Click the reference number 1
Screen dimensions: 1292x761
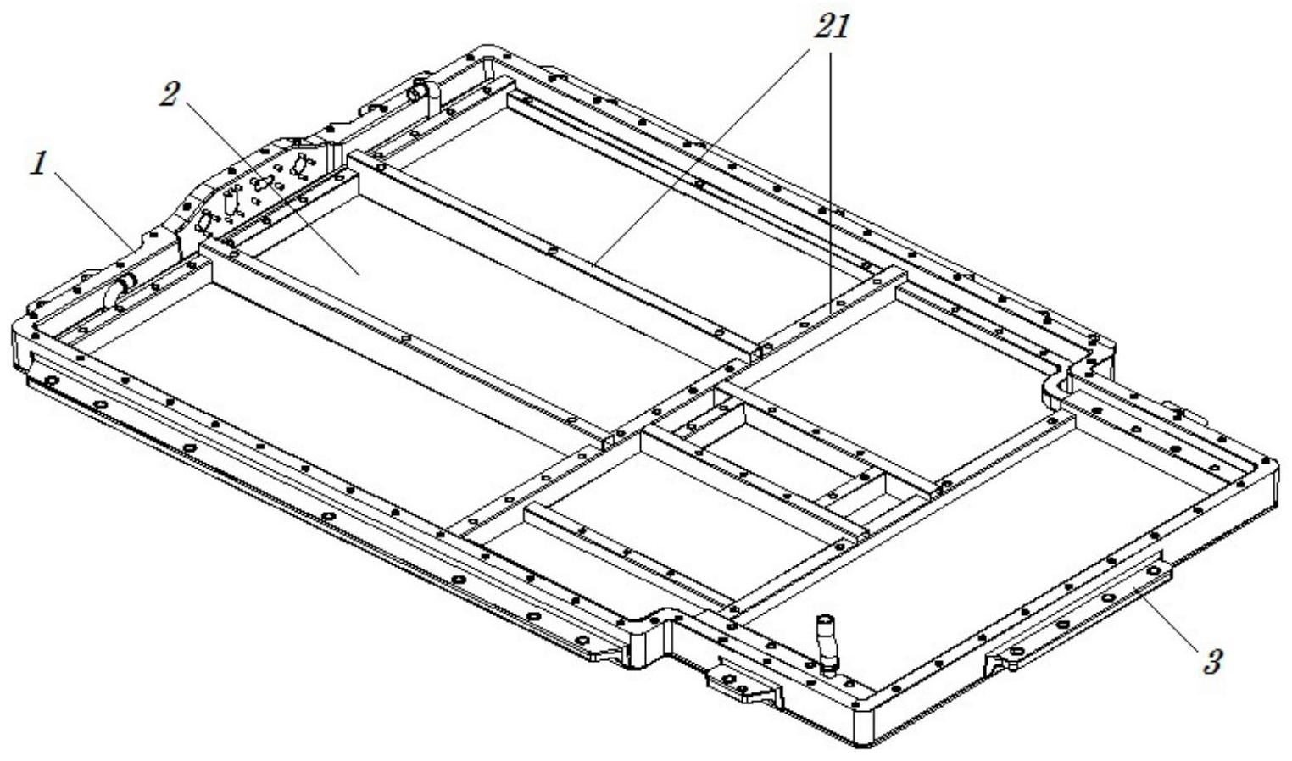pos(39,164)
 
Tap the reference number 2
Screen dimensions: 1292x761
pos(169,94)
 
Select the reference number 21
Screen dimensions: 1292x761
pos(831,26)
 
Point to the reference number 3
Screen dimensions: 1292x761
pos(1212,661)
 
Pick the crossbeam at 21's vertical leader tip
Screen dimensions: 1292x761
pos(831,314)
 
